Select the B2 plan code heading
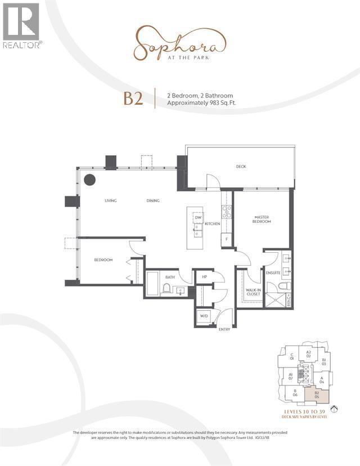133,100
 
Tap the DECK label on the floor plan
241,167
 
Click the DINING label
153,200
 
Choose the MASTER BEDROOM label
262,219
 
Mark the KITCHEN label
212,224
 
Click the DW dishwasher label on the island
198,218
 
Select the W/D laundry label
204,316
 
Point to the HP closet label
203,277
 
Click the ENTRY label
224,329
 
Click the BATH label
170,277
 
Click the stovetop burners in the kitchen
227,211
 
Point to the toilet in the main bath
166,289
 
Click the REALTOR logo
21,25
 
